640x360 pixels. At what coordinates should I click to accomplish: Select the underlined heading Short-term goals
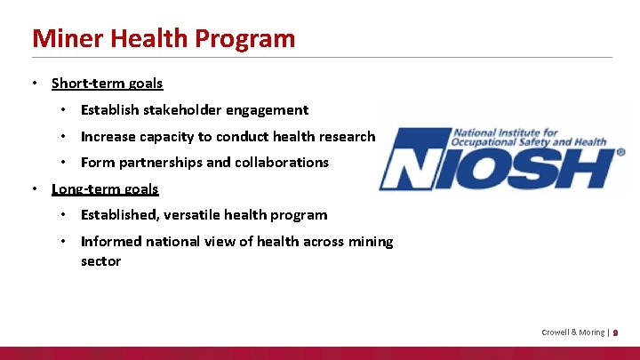click(108, 84)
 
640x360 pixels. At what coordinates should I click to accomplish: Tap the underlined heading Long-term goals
click(105, 188)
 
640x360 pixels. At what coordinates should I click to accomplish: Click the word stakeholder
click(175, 110)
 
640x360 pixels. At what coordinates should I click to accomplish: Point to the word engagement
click(268, 110)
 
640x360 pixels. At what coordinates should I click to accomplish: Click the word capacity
click(166, 137)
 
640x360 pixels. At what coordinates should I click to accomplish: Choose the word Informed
click(110, 242)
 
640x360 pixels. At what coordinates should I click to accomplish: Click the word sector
click(100, 261)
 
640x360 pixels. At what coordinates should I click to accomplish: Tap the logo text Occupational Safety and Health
click(530, 141)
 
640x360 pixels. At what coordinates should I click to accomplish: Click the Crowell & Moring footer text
click(572, 332)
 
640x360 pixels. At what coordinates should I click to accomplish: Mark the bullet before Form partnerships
click(64, 163)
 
